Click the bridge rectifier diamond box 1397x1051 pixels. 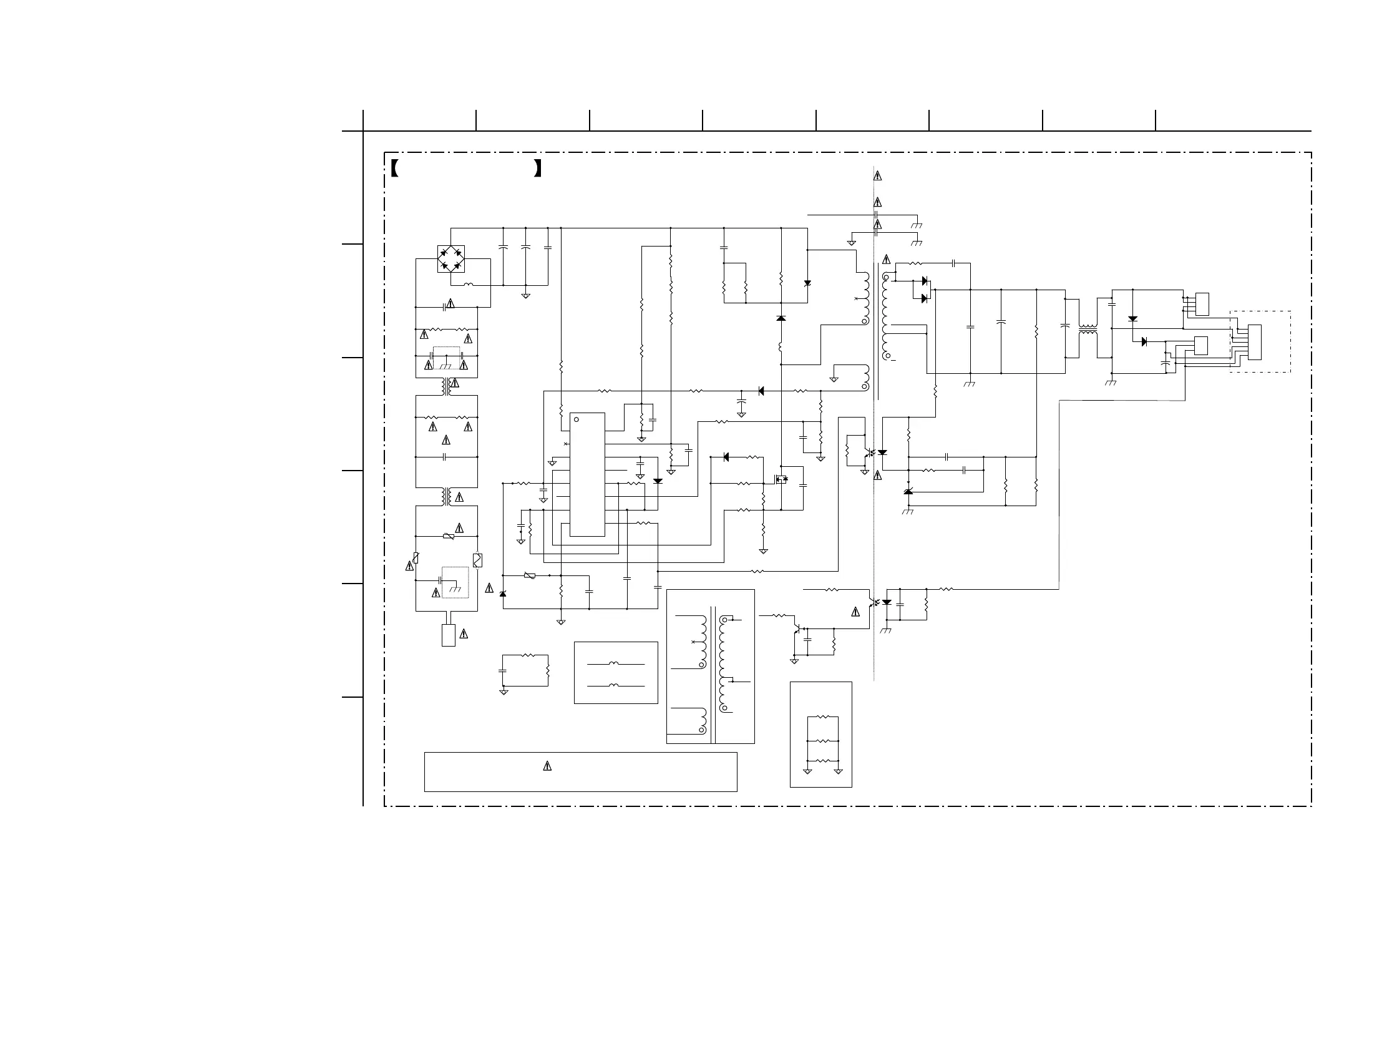451,259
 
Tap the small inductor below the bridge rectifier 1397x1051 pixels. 469,285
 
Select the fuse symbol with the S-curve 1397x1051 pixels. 477,560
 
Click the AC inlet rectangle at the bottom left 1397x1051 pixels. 449,635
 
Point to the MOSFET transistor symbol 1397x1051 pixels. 782,479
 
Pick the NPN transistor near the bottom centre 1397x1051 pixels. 797,629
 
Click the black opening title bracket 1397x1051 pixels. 395,168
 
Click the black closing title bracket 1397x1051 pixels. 538,168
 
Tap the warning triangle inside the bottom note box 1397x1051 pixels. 548,766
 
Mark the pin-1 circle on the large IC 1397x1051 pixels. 577,419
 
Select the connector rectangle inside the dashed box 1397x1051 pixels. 1255,343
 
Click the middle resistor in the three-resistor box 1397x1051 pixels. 823,741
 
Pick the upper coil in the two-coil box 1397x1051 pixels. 616,664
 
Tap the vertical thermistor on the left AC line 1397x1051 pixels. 416,558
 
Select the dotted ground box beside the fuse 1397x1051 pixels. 455,582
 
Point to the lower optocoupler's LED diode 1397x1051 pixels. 887,602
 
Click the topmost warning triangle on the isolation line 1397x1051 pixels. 878,176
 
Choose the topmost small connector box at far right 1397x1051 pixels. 1202,304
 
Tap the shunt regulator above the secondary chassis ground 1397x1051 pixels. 908,492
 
